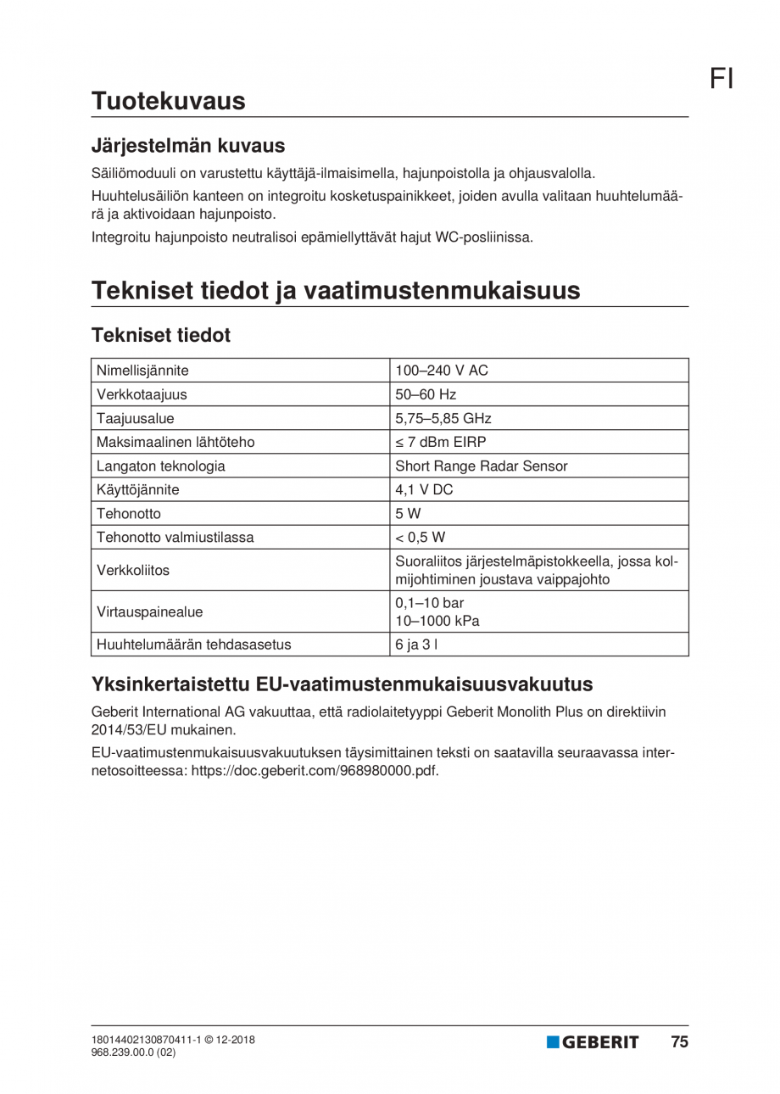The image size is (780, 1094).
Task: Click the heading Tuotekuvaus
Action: coord(168,101)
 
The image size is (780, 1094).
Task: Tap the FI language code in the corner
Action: coord(721,79)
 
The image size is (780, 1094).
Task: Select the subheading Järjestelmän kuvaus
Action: coord(187,145)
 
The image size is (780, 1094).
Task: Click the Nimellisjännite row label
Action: coord(142,371)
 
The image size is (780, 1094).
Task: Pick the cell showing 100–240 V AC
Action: coord(442,371)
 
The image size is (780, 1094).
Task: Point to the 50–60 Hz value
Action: coord(426,394)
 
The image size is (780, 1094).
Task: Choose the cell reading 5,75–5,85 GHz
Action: coord(443,418)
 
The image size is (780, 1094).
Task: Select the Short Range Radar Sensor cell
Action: coord(482,466)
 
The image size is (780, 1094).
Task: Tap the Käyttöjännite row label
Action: coord(138,489)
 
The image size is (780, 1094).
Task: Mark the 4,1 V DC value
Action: coord(425,489)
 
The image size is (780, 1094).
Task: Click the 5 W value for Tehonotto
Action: coord(408,513)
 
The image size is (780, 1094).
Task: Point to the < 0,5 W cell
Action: coord(420,537)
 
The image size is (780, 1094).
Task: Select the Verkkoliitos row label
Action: coord(133,570)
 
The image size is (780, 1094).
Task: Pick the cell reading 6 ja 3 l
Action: coord(417,644)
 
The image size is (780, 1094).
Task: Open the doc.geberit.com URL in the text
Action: coord(315,772)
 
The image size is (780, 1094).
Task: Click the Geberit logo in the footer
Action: coord(593,1042)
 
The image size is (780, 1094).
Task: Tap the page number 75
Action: coord(679,1042)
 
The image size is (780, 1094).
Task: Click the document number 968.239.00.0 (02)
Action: coord(134,1052)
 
